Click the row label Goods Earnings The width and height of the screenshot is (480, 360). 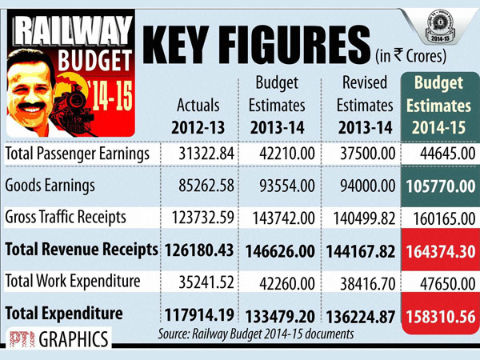click(x=50, y=186)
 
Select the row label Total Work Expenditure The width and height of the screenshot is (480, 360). click(x=73, y=281)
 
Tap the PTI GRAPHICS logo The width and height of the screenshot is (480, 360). click(x=56, y=339)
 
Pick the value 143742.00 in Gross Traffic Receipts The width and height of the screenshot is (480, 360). click(x=277, y=218)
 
